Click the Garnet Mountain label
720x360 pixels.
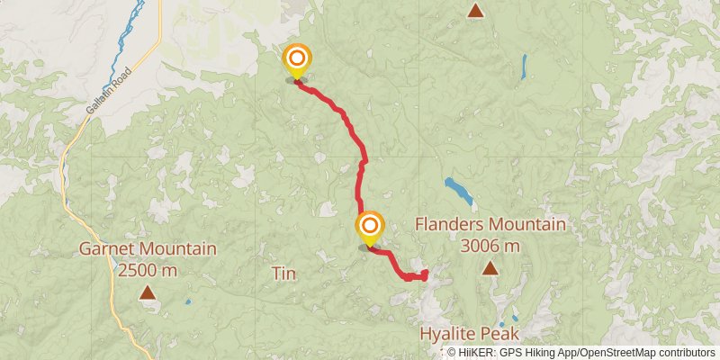(x=147, y=248)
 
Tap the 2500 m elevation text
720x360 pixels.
(x=147, y=269)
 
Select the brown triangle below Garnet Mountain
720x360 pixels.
(x=147, y=292)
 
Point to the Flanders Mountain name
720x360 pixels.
(x=490, y=224)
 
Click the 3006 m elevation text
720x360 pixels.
(x=490, y=245)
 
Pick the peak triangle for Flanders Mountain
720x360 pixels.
(x=490, y=267)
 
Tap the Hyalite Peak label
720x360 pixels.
(x=470, y=334)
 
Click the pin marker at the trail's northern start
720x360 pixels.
(x=297, y=61)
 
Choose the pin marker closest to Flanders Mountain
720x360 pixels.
(x=369, y=229)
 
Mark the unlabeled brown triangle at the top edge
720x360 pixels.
(x=475, y=12)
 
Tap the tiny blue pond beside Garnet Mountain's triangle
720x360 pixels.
(x=187, y=301)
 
